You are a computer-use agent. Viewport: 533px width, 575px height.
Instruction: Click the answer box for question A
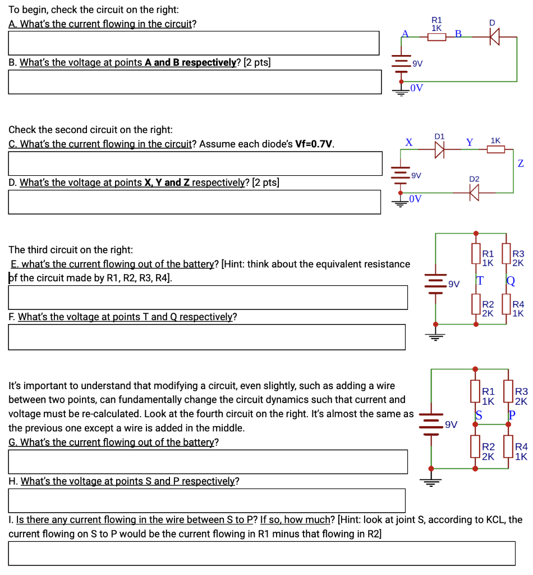coord(194,43)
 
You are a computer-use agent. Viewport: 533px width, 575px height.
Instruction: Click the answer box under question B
coord(194,81)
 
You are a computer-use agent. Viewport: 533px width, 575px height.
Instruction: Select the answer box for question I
coord(261,553)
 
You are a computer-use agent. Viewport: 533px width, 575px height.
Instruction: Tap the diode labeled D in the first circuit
coord(493,37)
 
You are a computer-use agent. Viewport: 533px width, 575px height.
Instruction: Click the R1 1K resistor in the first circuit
coord(436,37)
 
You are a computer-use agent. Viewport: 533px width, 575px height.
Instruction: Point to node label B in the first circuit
coord(458,34)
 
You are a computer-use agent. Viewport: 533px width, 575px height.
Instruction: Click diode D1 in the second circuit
coord(439,150)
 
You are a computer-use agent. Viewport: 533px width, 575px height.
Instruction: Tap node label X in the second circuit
coord(409,143)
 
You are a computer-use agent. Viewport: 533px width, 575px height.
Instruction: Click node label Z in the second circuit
coord(521,163)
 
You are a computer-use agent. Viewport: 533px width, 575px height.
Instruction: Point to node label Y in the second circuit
coord(469,143)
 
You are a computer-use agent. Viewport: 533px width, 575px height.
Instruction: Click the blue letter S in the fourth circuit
coord(479,416)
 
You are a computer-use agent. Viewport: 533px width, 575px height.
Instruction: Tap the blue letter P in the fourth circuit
coord(511,416)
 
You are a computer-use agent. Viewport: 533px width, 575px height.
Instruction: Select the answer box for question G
coord(208,462)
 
